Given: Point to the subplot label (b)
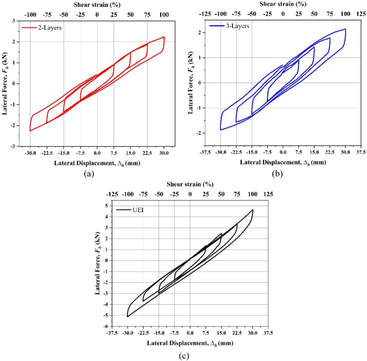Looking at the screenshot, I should point(277,172).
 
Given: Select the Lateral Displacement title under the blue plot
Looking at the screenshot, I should point(283,162).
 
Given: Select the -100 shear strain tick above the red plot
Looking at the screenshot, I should point(31,15).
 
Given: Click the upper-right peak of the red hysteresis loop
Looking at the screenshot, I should point(163,37).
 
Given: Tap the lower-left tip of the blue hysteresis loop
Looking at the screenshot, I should point(220,130).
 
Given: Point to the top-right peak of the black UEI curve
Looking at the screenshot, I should point(252,210).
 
